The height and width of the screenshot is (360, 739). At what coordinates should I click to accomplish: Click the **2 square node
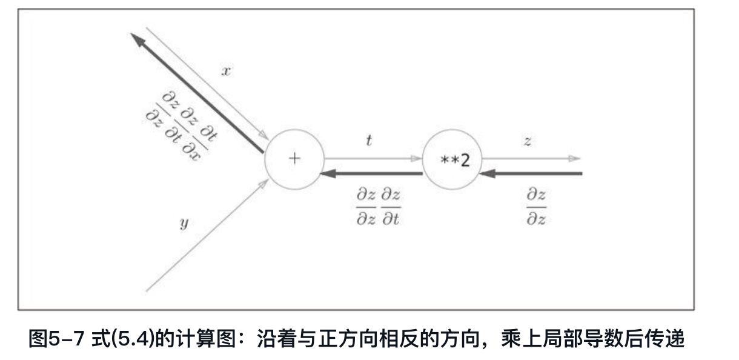click(451, 160)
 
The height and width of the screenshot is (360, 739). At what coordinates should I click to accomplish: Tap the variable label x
click(225, 70)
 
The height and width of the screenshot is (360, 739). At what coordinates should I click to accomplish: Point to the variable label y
click(184, 224)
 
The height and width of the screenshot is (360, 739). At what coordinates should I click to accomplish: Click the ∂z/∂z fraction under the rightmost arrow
click(536, 207)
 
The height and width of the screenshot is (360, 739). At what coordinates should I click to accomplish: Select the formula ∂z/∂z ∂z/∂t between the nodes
click(379, 207)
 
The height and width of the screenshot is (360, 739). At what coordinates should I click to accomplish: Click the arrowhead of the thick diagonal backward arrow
click(137, 39)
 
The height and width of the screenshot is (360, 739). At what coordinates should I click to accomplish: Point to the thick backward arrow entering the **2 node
click(533, 174)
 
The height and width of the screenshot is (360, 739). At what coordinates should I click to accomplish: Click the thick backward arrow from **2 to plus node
click(373, 174)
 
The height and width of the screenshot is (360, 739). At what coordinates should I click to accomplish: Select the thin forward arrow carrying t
click(373, 159)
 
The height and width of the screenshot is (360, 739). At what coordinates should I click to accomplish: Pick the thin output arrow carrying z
click(530, 159)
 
